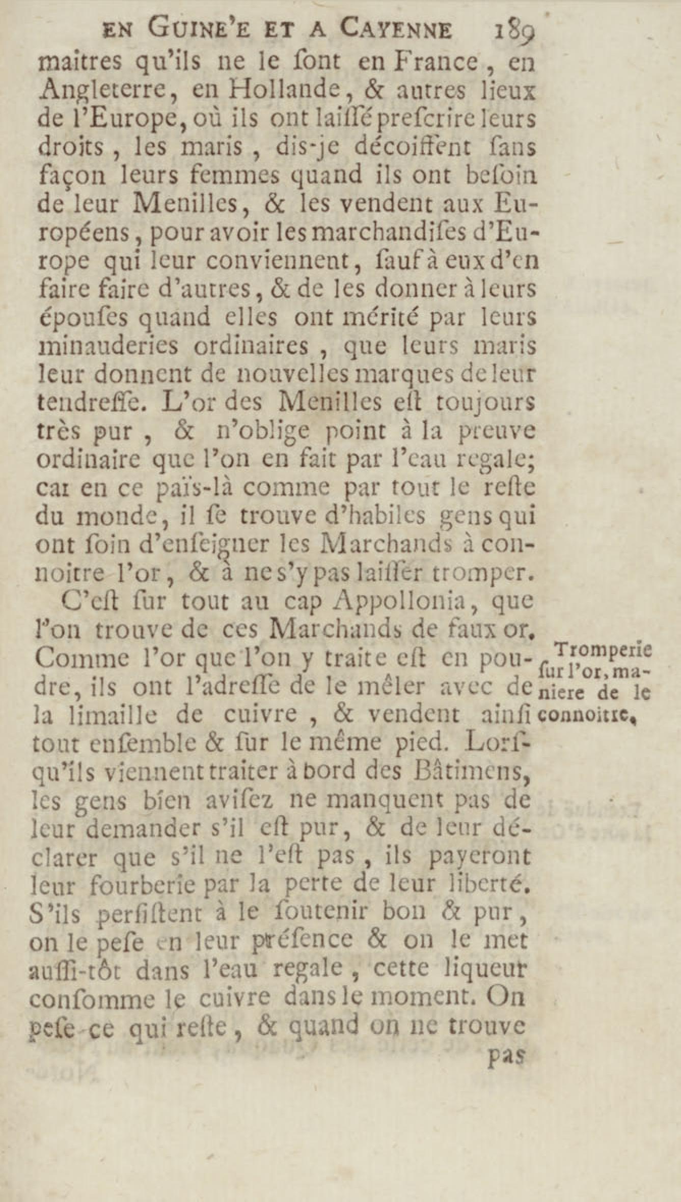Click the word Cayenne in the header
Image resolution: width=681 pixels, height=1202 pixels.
(x=396, y=30)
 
